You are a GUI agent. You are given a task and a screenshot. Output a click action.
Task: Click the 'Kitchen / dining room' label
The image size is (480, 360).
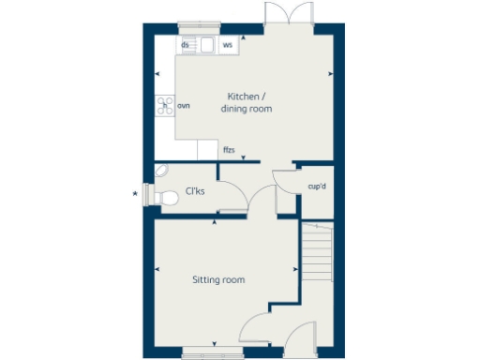click(247, 103)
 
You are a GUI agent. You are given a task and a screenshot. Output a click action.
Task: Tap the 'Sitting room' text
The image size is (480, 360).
click(218, 279)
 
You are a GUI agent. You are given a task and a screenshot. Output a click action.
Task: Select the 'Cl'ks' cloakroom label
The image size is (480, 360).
click(196, 191)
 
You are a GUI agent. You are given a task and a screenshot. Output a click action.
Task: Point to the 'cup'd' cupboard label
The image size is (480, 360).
click(317, 186)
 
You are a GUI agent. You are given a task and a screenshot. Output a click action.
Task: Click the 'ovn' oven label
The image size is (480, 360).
click(184, 106)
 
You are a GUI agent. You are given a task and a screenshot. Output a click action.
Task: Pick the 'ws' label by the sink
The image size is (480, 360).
click(227, 45)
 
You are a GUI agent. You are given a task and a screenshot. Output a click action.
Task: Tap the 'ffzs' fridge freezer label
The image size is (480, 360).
click(228, 150)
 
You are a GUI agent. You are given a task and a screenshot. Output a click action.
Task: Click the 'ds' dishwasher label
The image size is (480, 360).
click(186, 45)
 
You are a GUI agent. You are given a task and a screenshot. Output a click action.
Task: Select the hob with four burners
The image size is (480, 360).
click(166, 105)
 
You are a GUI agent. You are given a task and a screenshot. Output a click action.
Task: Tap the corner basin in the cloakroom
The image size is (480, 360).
click(161, 171)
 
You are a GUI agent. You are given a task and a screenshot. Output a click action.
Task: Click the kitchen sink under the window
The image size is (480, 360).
click(205, 45)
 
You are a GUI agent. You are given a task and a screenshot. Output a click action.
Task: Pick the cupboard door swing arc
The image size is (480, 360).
click(283, 180)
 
